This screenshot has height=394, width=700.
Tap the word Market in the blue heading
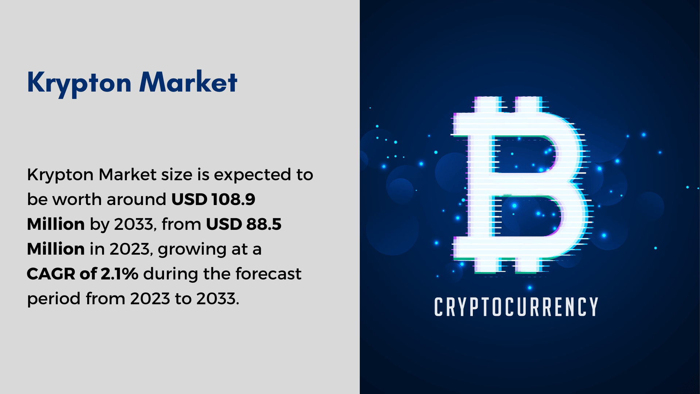[x=188, y=82]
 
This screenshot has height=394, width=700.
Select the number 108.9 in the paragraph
[x=233, y=200]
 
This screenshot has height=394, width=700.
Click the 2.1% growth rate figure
[x=119, y=274]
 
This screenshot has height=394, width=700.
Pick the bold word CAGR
[x=51, y=274]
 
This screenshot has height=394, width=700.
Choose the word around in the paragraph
[x=136, y=200]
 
